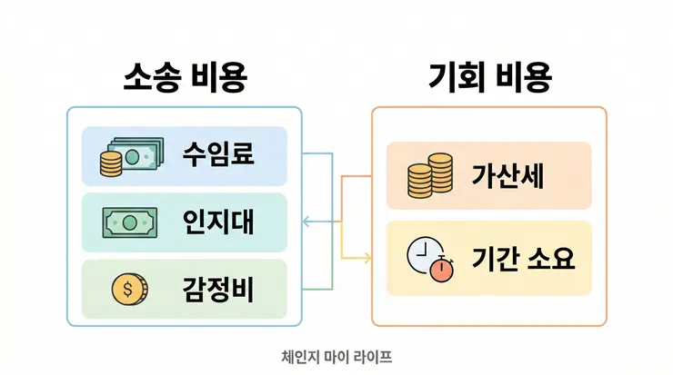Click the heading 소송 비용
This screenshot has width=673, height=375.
pos(185,78)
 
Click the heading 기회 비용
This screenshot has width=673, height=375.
pos(489,78)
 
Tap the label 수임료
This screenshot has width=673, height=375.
pos(218,153)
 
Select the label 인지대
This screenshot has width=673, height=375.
pos(218,221)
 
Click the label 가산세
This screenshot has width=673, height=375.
pos(507,176)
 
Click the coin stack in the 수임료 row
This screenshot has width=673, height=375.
pos(110,164)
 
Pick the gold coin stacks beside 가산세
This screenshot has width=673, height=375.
pos(429,177)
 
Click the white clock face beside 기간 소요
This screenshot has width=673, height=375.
pos(420,254)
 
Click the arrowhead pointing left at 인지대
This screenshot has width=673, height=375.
pos(306,221)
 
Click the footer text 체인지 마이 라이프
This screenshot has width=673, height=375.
pos(336,357)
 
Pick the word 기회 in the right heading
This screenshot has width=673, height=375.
pos(453,78)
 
